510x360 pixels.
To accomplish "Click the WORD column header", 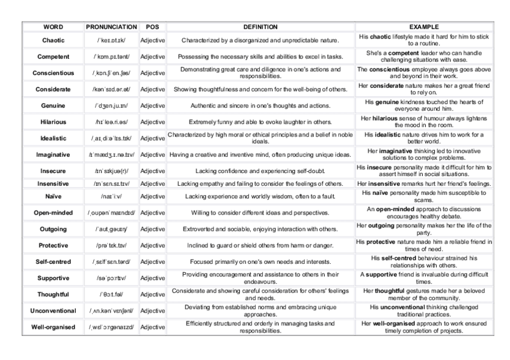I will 54,27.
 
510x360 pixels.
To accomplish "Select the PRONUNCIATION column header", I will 113,27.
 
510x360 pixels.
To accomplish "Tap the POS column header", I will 153,27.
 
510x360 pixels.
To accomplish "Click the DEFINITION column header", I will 260,27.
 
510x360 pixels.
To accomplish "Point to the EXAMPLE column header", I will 424,27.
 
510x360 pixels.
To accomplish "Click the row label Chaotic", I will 54,40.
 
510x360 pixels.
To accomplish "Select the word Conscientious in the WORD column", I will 54,73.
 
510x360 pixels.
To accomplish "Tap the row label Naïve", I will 54,197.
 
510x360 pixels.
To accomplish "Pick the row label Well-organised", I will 54,327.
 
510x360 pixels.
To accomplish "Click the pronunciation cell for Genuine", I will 113,105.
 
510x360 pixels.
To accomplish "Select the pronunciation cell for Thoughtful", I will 113,294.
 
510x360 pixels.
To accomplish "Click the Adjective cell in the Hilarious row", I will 153,121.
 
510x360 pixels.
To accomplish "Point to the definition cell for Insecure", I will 260,171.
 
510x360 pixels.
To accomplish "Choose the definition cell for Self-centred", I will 260,262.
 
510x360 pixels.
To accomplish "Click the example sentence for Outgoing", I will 424,229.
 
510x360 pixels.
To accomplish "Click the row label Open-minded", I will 54,213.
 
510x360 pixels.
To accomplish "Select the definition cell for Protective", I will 260,246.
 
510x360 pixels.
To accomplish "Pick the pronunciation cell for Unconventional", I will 113,311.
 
